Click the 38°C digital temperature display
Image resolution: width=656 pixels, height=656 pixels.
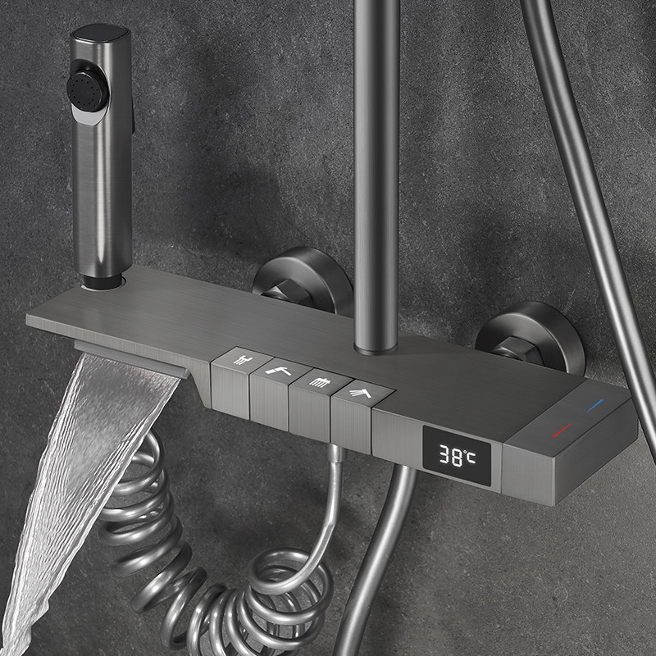457,455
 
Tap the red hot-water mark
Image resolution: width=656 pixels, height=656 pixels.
562,430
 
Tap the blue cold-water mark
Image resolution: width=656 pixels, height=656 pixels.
595,405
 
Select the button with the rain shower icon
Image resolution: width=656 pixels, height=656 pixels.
320,381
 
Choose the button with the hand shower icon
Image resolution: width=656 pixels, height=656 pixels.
361,394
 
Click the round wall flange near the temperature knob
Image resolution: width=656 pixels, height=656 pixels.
531,336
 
